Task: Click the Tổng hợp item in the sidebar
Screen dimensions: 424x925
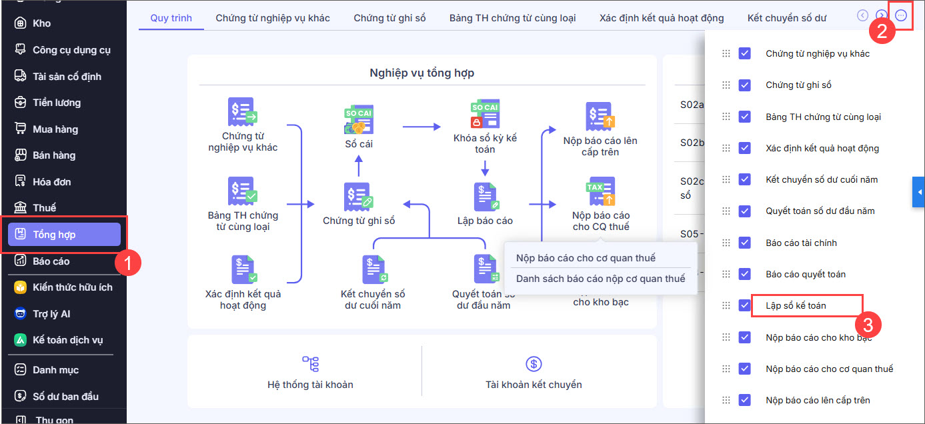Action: tap(63, 235)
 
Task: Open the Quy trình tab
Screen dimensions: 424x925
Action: tap(171, 18)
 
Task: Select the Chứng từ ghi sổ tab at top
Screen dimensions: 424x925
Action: tap(389, 18)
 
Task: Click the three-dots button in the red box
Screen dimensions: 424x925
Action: tap(901, 15)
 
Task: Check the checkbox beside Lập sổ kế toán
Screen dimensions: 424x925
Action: tap(745, 305)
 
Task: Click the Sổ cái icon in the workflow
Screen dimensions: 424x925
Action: tap(358, 118)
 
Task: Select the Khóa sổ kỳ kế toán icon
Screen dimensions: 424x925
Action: tap(485, 114)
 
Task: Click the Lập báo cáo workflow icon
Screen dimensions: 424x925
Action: tap(485, 197)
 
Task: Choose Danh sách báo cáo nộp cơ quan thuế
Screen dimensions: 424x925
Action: tap(600, 279)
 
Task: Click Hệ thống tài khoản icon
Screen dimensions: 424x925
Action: tap(310, 363)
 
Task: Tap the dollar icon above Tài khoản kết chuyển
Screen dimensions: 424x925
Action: tap(533, 363)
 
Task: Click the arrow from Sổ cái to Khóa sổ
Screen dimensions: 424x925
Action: tap(421, 126)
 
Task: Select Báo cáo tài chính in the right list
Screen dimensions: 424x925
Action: tap(801, 243)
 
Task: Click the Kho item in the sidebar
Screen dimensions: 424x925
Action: tap(41, 23)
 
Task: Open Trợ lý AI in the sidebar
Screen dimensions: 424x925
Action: tap(51, 314)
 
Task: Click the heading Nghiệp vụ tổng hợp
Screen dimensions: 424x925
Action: tap(421, 73)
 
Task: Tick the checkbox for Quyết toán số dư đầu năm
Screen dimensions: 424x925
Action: tap(745, 211)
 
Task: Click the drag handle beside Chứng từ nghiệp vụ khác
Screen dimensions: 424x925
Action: tap(726, 53)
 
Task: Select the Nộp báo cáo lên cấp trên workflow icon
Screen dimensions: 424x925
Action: tap(600, 117)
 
